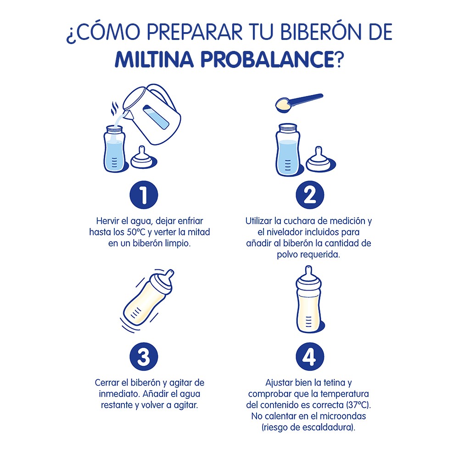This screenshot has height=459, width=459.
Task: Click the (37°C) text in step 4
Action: (x=358, y=406)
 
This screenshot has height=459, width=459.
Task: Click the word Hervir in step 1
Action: (x=107, y=221)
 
